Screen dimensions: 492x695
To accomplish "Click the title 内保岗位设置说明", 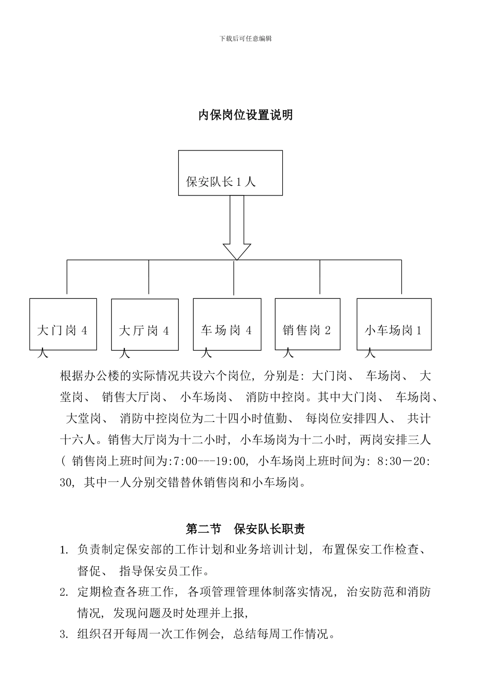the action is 245,115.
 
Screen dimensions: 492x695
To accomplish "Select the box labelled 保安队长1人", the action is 230,173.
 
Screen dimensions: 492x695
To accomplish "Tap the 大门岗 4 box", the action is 63,324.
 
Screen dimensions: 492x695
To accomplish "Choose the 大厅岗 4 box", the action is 145,324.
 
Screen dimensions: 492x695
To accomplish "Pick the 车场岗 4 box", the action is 227,324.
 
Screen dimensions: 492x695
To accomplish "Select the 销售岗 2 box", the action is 307,324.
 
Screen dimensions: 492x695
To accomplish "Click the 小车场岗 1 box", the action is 394,324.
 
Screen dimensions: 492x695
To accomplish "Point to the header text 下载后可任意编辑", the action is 245,38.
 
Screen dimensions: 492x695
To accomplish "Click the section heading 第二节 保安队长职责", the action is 245,528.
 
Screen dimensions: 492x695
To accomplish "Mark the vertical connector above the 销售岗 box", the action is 320,278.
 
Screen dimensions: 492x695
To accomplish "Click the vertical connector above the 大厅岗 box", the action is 149,278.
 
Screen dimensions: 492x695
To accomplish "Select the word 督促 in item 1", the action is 89,571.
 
